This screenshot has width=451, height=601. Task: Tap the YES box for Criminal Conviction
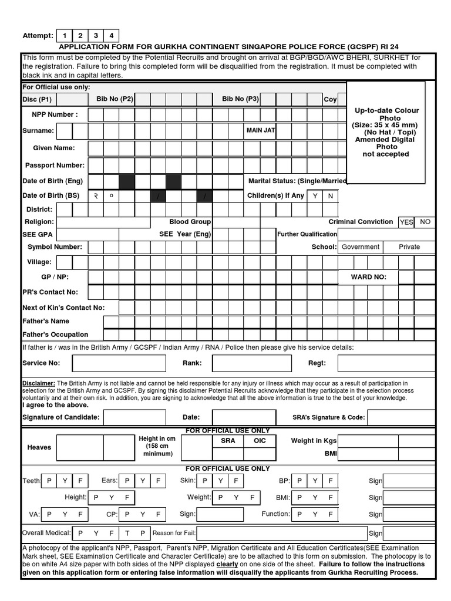[x=406, y=222]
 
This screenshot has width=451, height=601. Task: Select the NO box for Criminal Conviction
[x=426, y=222]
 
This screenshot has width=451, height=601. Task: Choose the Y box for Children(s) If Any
[x=316, y=196]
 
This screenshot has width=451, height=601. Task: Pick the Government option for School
[x=360, y=247]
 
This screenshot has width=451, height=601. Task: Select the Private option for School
[x=409, y=247]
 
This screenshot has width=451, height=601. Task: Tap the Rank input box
[x=247, y=363]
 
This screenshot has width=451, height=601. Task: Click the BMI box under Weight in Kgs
[x=386, y=454]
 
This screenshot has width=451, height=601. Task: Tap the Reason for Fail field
[x=281, y=534]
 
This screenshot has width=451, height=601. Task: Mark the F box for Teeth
[x=80, y=481]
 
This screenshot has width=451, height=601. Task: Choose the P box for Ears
[x=127, y=481]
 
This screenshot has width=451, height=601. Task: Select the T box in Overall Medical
[x=127, y=534]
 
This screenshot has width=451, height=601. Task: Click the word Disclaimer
[x=39, y=383]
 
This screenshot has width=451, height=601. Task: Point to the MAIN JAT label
[x=260, y=130]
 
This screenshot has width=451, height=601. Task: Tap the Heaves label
[x=39, y=447]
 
